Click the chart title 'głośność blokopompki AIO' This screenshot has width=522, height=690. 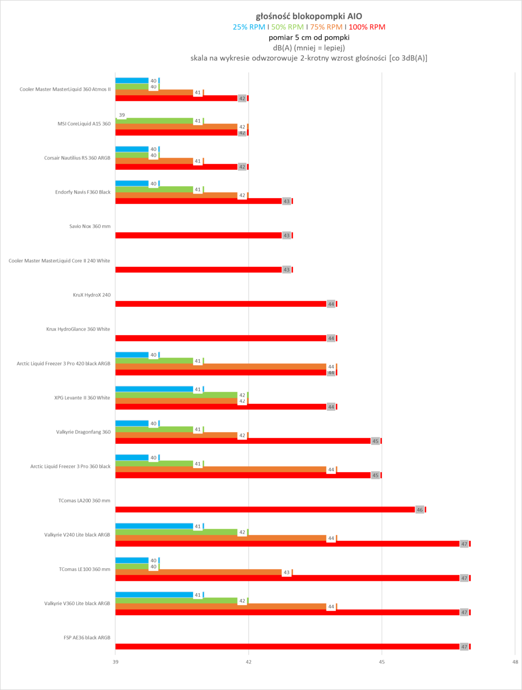click(x=309, y=16)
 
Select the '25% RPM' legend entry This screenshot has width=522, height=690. click(x=249, y=27)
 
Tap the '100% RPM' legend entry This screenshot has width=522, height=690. click(x=367, y=27)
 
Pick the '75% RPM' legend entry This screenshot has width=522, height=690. click(x=326, y=27)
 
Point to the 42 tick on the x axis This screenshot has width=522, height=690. click(x=249, y=662)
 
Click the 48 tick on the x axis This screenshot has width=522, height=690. click(x=515, y=662)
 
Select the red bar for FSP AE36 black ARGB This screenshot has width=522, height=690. click(x=287, y=646)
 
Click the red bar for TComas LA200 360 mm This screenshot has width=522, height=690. click(x=265, y=509)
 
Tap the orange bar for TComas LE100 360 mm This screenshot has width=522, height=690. click(x=197, y=572)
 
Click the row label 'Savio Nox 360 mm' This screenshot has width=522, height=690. click(x=90, y=226)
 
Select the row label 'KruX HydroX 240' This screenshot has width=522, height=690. click(x=92, y=295)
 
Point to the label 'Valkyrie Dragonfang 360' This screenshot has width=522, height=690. click(x=83, y=432)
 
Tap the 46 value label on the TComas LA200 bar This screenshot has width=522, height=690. click(x=420, y=510)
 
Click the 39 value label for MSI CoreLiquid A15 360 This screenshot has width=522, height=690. click(x=122, y=115)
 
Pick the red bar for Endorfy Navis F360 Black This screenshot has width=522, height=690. click(x=197, y=201)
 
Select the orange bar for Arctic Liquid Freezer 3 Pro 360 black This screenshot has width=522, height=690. click(x=220, y=469)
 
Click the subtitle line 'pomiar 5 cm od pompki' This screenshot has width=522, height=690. click(x=309, y=37)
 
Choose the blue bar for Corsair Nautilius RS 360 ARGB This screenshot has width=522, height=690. click(x=132, y=149)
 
